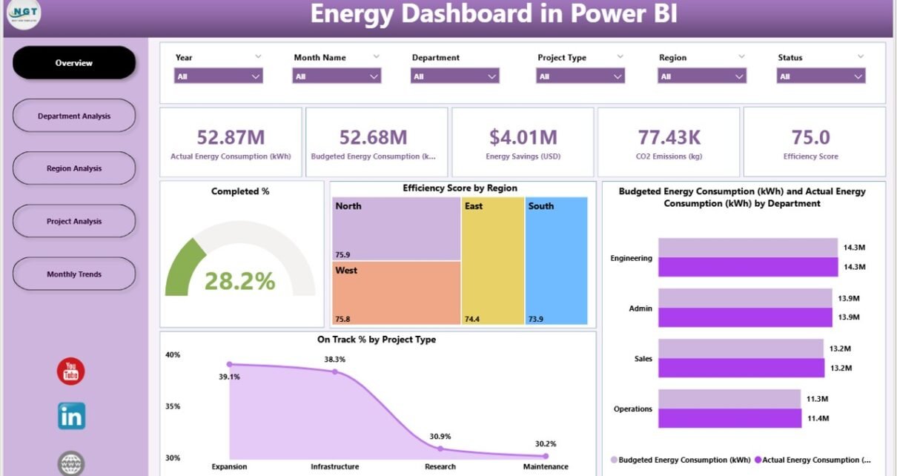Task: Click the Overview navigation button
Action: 74,63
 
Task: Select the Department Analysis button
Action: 74,116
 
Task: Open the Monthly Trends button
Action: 74,274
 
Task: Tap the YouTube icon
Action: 71,371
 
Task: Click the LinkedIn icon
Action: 71,416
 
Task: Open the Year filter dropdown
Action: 218,76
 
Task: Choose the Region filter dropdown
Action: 701,76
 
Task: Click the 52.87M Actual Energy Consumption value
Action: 231,137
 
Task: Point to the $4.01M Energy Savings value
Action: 523,137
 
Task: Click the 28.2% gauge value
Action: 239,281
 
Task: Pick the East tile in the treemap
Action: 492,260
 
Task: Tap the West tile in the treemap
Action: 396,293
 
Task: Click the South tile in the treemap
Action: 556,260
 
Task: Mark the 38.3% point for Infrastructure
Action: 334,371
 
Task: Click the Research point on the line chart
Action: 440,449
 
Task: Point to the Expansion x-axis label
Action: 229,467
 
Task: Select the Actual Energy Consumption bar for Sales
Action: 741,368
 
